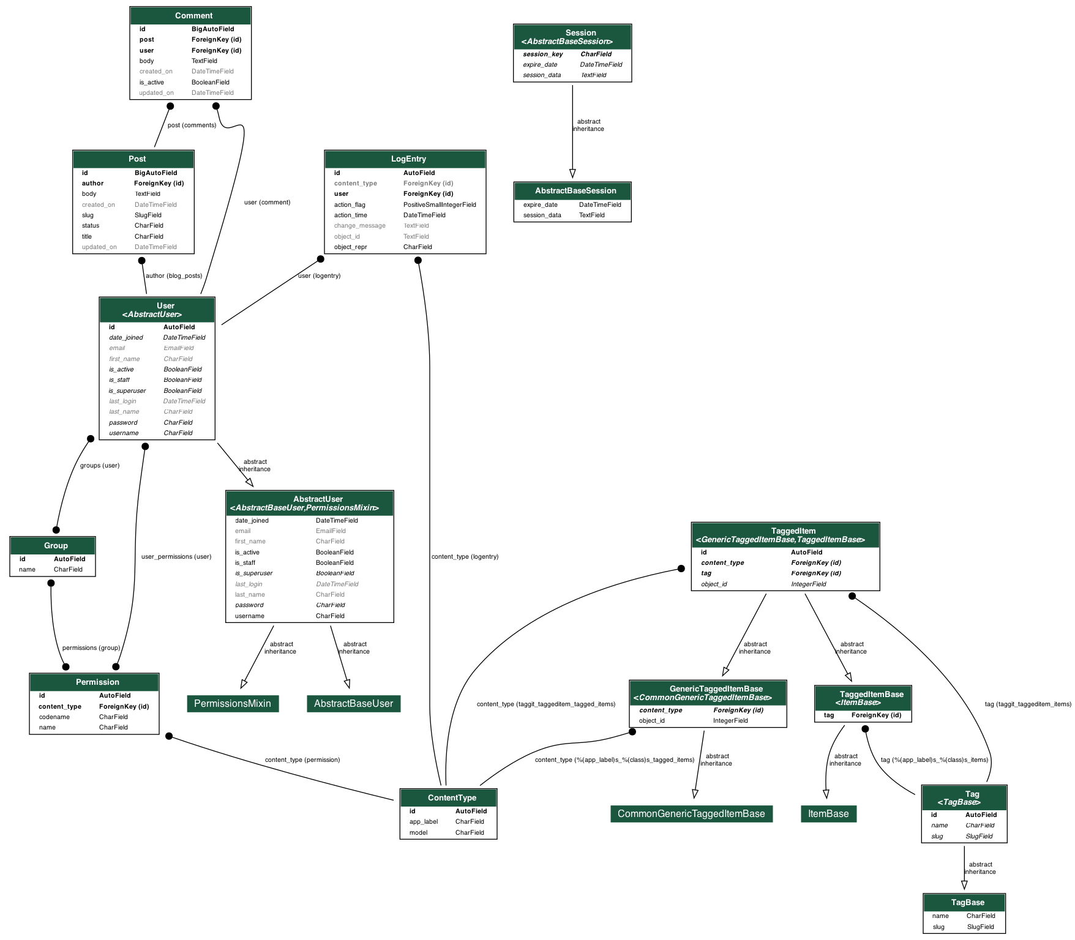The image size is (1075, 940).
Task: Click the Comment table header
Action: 193,16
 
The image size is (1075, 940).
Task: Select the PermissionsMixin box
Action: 233,704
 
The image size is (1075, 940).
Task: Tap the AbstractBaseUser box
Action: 353,704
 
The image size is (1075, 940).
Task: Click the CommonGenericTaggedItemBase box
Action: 691,814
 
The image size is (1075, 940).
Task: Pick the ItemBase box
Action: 828,814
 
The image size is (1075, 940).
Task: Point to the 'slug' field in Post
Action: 88,215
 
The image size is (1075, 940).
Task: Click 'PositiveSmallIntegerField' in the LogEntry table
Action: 440,205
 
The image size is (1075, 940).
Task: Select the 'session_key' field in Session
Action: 543,54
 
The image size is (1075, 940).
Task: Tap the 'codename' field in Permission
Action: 54,717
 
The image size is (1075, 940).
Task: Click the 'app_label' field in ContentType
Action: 424,822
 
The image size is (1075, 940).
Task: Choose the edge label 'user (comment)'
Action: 267,203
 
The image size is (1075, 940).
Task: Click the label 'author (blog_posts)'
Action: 174,276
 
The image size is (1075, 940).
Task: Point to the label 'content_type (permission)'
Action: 302,760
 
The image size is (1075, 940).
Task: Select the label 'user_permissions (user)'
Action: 176,557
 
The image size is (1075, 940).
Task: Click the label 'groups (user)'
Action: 100,466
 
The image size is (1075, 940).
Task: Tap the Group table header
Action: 56,546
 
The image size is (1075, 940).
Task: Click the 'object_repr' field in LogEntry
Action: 351,247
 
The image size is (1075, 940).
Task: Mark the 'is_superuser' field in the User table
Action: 127,391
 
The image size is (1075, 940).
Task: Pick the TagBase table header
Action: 968,903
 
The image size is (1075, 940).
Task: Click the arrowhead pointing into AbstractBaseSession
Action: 572,174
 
